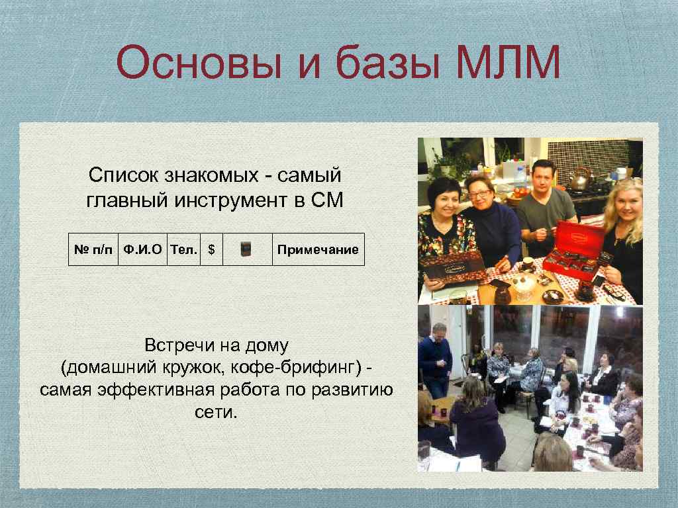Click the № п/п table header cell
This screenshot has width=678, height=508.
coord(93,249)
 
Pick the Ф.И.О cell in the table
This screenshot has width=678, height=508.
coord(142,249)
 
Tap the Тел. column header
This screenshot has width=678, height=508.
coord(183,249)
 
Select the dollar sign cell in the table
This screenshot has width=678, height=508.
coord(211,249)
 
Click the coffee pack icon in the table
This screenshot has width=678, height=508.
coord(247,249)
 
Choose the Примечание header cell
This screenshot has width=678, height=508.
coord(318,249)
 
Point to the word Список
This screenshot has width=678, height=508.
coord(124,176)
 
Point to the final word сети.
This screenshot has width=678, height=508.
coord(216,412)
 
